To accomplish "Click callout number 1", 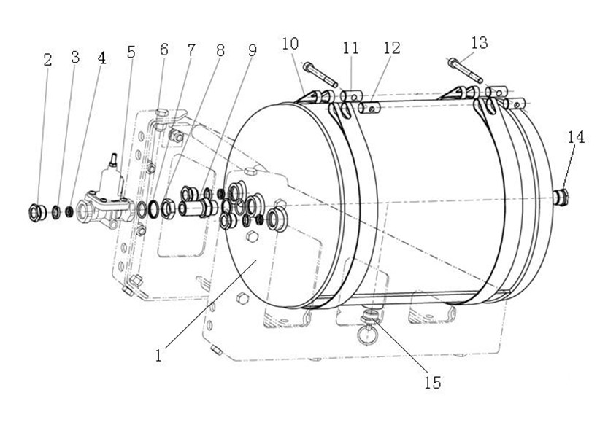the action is pyautogui.click(x=158, y=355).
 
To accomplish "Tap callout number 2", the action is pyautogui.click(x=47, y=60).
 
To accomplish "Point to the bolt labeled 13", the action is pyautogui.click(x=465, y=70).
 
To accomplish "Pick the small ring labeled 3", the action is pyautogui.click(x=56, y=212).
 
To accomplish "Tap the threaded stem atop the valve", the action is pyautogui.click(x=113, y=159).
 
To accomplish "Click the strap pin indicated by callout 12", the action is pyautogui.click(x=370, y=108).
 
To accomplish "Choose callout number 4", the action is pyautogui.click(x=101, y=58).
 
